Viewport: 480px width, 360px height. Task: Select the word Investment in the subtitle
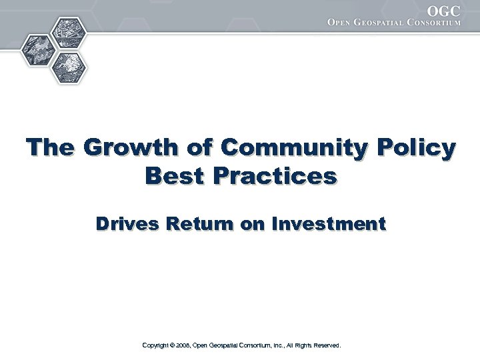click(329, 225)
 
